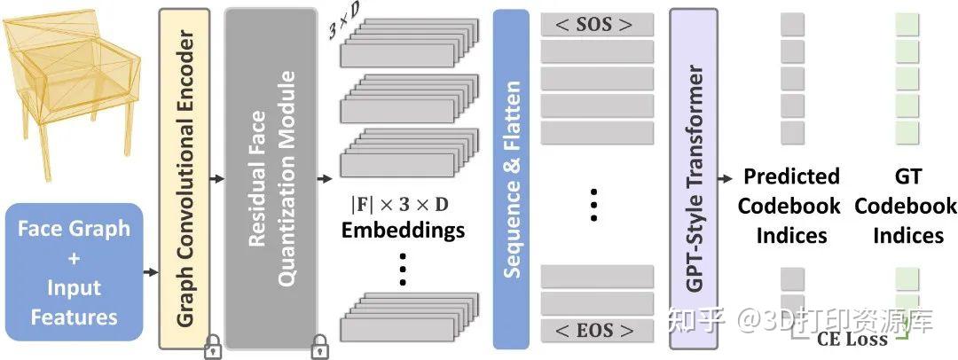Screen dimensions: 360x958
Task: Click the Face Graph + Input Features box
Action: pyautogui.click(x=75, y=272)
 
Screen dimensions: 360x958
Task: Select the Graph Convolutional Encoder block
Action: pyautogui.click(x=184, y=177)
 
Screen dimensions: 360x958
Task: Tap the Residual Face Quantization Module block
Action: pyautogui.click(x=271, y=177)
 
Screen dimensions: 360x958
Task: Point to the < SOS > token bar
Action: pyautogui.click(x=596, y=25)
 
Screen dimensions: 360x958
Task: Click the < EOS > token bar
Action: pyautogui.click(x=596, y=331)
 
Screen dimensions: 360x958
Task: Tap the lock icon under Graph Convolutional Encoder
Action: pyautogui.click(x=213, y=348)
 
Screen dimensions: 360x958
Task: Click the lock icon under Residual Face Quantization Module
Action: pyautogui.click(x=318, y=348)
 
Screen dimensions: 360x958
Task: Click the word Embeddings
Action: pyautogui.click(x=403, y=231)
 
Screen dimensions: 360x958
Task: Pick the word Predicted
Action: pyautogui.click(x=791, y=176)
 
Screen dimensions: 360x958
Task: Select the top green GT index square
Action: pyautogui.click(x=906, y=25)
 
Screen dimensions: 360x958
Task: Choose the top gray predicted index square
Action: pyautogui.click(x=792, y=25)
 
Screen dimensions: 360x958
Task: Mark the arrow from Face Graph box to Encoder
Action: pyautogui.click(x=150, y=272)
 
